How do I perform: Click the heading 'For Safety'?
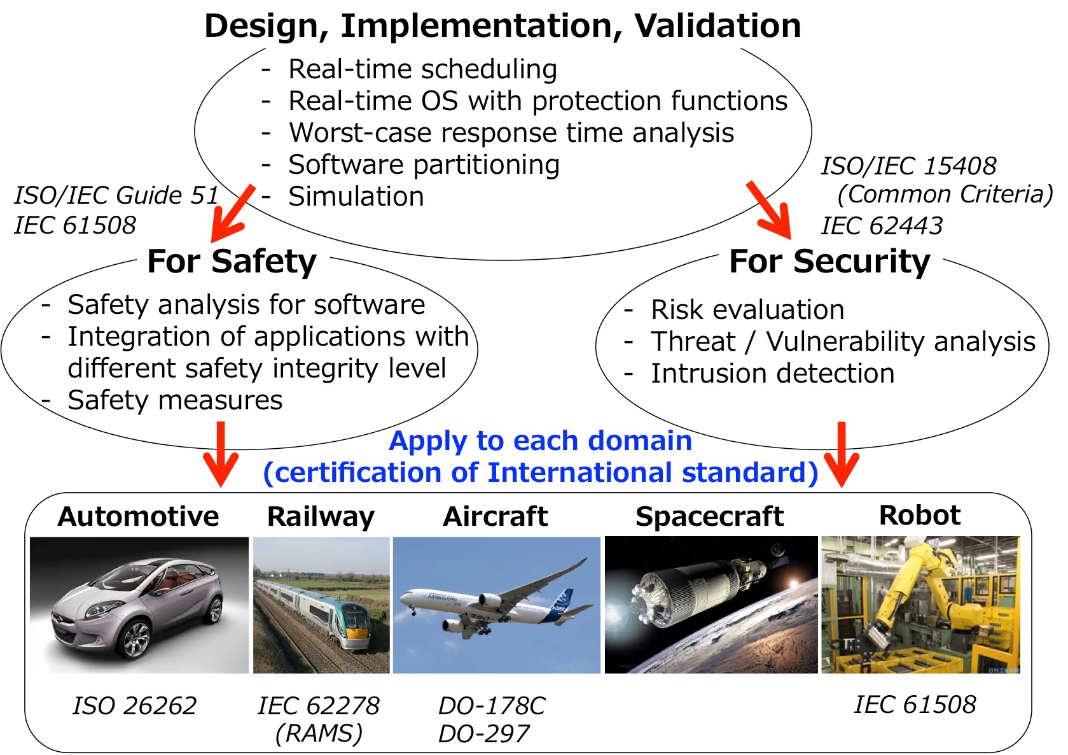[x=232, y=262]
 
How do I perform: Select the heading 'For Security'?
[x=829, y=262]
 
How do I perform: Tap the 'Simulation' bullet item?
[x=356, y=197]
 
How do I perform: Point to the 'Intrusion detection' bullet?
[x=772, y=374]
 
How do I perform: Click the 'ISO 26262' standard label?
[x=134, y=705]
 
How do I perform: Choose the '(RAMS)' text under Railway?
[x=319, y=733]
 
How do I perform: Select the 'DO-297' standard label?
[x=483, y=734]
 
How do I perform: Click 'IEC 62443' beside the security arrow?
[x=882, y=226]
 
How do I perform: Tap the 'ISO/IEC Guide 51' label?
[x=116, y=195]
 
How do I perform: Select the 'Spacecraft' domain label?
[x=709, y=516]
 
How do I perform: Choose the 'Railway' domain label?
[x=321, y=516]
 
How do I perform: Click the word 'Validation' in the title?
[x=717, y=26]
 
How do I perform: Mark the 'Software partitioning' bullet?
[x=424, y=165]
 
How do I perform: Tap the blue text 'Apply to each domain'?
[x=540, y=441]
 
